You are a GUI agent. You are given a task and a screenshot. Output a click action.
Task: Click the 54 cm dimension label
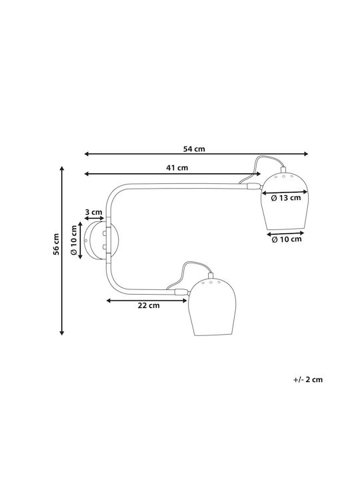pos(194,149)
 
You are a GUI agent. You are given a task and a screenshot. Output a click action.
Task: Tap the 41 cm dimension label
pos(177,168)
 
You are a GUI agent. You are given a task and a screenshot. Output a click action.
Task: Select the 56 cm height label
pos(56,244)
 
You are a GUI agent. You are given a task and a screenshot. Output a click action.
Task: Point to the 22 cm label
pos(149,305)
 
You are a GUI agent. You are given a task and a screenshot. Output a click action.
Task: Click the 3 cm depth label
pos(94,212)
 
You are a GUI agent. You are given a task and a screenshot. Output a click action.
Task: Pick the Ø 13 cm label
pos(286,198)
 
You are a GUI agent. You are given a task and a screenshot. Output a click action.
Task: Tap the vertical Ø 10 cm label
pos(74,240)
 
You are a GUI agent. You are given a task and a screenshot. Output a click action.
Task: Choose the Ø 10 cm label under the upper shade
pos(287,239)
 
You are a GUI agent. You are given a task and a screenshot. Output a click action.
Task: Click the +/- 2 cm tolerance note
pos(308,379)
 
